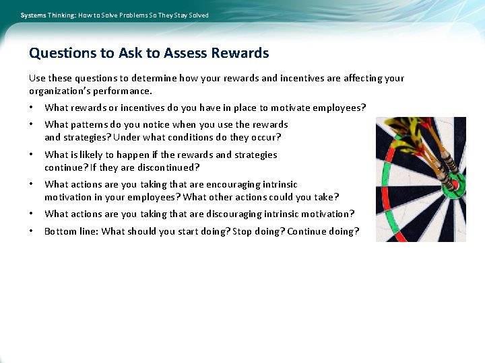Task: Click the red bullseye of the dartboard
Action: coord(453,182)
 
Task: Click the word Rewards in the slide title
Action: coord(240,53)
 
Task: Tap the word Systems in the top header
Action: coord(33,15)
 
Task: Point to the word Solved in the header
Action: coord(199,15)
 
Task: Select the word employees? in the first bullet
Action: coord(341,108)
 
